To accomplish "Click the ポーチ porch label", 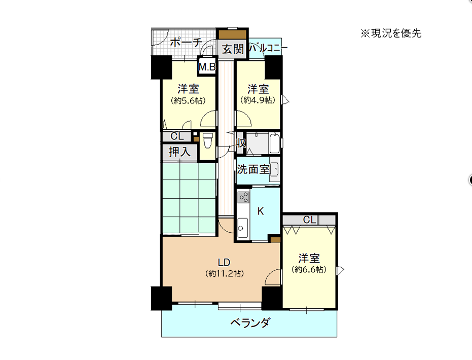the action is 186,42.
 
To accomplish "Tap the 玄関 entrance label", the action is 233,49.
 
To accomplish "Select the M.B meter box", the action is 207,67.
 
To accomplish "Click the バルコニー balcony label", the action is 268,48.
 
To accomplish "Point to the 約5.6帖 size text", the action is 188,100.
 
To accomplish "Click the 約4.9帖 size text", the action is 258,100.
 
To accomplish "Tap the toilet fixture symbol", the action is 207,141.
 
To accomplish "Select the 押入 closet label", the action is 179,152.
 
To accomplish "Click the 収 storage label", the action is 240,143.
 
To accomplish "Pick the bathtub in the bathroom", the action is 275,143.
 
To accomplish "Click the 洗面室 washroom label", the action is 253,169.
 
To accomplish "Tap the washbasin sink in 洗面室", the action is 274,169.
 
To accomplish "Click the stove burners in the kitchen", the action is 243,197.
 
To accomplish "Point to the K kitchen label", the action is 261,211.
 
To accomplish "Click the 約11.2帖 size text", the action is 225,274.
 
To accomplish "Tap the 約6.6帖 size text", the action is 309,269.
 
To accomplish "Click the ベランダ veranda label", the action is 250,322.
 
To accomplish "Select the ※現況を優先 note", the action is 391,33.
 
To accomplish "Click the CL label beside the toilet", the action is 177,136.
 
